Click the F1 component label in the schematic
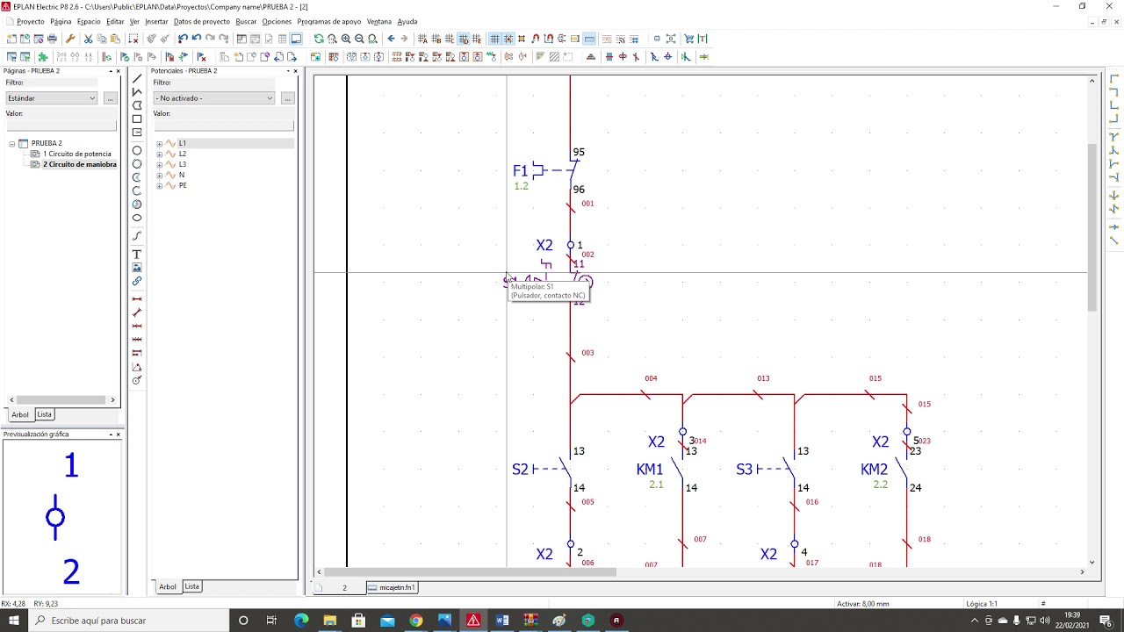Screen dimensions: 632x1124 pyautogui.click(x=521, y=170)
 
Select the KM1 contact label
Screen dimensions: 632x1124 pyautogui.click(x=650, y=470)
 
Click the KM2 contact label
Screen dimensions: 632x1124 pyautogui.click(x=874, y=470)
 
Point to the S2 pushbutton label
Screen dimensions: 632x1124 pyautogui.click(x=520, y=470)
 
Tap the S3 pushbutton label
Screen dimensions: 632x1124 pyautogui.click(x=744, y=470)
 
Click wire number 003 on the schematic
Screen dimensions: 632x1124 pyautogui.click(x=587, y=353)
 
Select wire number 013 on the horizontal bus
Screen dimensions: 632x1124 pyautogui.click(x=763, y=378)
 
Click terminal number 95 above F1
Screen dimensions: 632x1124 pyautogui.click(x=578, y=153)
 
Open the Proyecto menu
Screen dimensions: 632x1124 pyautogui.click(x=31, y=21)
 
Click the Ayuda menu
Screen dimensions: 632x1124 pyautogui.click(x=407, y=21)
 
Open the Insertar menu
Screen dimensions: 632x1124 pyautogui.click(x=156, y=21)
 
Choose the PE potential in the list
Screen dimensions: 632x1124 pyautogui.click(x=183, y=185)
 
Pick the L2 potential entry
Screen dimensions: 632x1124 pyautogui.click(x=183, y=154)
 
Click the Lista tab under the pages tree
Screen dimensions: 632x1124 pyautogui.click(x=44, y=414)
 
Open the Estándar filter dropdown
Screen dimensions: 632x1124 pyautogui.click(x=52, y=98)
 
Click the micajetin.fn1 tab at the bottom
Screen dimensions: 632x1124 pyautogui.click(x=396, y=587)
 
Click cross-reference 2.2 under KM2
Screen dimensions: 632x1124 pyautogui.click(x=881, y=485)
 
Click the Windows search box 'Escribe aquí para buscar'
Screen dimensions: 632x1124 pyautogui.click(x=98, y=621)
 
